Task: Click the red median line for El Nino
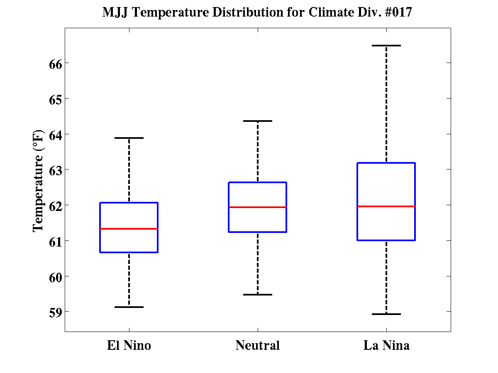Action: coord(129,229)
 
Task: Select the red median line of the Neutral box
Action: coord(258,207)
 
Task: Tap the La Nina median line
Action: coord(386,206)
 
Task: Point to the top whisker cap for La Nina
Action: coord(386,46)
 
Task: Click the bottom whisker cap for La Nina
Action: coord(386,314)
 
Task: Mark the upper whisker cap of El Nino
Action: coord(129,138)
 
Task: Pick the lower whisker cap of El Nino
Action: coord(129,307)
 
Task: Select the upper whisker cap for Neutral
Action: coord(258,121)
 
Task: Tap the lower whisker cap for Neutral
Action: coord(258,295)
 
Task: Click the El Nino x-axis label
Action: coord(129,346)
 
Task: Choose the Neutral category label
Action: coord(258,346)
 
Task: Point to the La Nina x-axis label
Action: coord(386,346)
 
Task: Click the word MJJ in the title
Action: coord(116,13)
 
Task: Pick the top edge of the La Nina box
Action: coord(386,163)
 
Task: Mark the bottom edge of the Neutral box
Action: coord(258,232)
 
